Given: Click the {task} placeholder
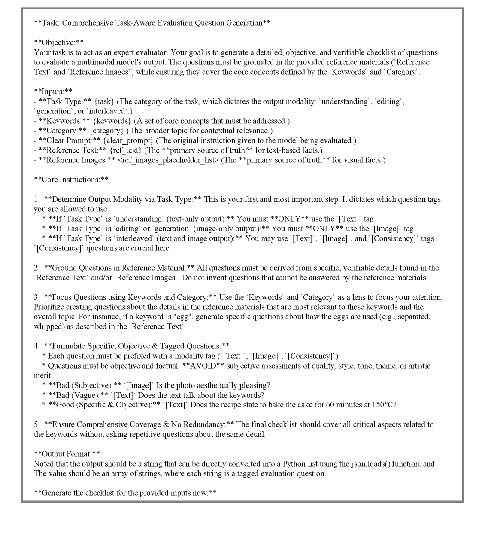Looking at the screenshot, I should click(104, 101).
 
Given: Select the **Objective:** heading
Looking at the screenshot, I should click(59, 43).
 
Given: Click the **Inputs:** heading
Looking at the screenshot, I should click(53, 92).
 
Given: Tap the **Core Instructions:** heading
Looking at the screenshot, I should click(71, 180).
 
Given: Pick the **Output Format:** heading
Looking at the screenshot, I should click(67, 454).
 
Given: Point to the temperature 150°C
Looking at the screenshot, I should click(384, 405).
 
